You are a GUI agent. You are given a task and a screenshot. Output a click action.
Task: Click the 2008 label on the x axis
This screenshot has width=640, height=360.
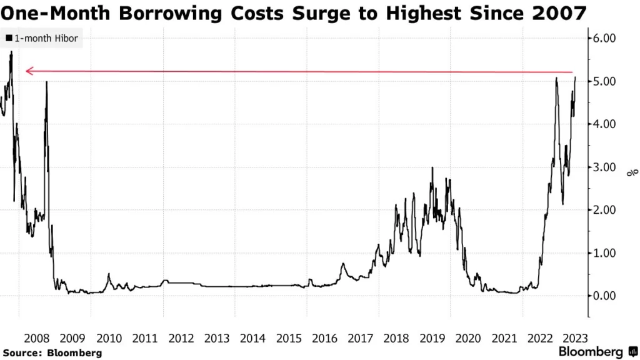point(36,339)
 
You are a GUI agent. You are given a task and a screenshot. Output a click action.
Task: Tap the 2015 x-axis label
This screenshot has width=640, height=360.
point(289,339)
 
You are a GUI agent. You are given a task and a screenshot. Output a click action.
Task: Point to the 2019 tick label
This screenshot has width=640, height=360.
point(432,339)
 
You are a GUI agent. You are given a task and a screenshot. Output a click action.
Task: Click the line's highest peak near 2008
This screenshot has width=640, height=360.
point(11,52)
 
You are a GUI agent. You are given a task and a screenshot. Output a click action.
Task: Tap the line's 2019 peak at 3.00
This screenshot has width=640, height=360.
point(432,167)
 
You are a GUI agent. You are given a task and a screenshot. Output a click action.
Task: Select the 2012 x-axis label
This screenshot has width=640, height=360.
point(181,339)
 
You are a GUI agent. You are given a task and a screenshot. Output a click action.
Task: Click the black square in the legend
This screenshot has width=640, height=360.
point(8,39)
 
